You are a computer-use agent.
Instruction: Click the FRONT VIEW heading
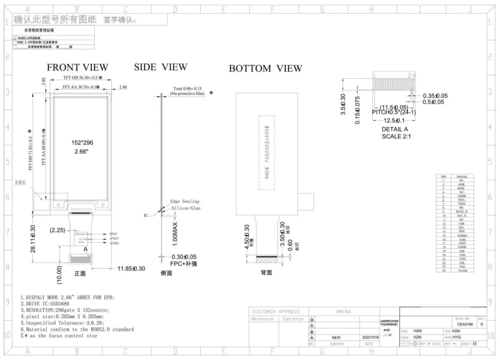click(x=77, y=67)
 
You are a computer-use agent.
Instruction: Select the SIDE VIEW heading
click(x=160, y=67)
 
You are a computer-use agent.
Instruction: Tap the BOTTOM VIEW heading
click(x=265, y=69)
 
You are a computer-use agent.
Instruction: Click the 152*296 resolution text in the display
click(x=82, y=142)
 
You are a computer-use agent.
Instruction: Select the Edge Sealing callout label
click(x=185, y=201)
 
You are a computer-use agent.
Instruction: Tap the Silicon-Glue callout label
click(x=186, y=208)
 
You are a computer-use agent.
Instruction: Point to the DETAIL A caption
click(x=395, y=129)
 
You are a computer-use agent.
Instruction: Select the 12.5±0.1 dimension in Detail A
click(x=394, y=120)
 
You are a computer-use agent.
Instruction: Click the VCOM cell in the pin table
click(x=462, y=270)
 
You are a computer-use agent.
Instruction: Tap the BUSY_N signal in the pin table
click(x=462, y=211)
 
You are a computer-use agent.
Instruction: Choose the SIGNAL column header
click(x=462, y=176)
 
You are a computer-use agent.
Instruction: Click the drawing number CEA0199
click(x=464, y=323)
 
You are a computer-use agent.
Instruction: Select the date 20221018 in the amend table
click(x=370, y=337)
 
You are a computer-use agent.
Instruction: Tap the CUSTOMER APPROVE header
click(x=276, y=311)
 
